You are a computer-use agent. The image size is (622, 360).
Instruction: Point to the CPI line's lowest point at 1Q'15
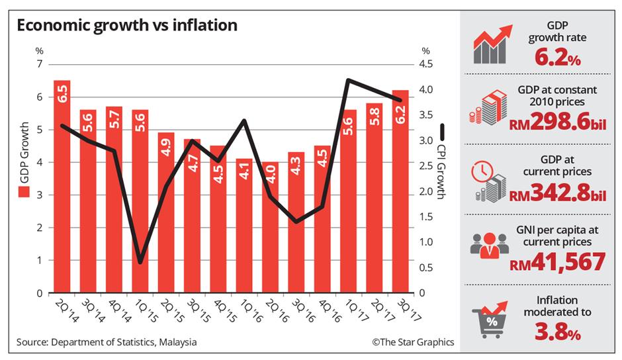tap(140, 263)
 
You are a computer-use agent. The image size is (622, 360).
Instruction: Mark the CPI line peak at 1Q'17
tap(348, 81)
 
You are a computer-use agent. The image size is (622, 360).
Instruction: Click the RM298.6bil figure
tap(558, 124)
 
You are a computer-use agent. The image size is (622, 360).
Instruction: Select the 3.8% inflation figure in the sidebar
tap(558, 334)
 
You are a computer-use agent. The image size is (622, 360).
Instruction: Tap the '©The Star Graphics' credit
tap(412, 342)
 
